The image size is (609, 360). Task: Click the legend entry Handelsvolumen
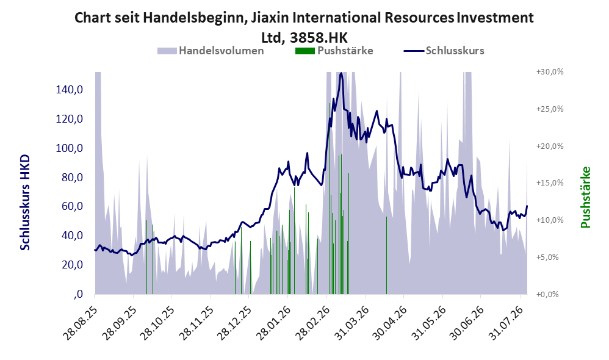coord(211,51)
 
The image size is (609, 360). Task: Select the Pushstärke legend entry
coord(334,51)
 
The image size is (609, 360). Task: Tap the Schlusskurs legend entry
coord(444,51)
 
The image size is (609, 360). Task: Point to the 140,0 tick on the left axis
coord(70,90)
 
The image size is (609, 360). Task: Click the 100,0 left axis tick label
coord(70,148)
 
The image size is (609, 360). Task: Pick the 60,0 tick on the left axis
coord(72,207)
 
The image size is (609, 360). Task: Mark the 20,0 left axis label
coord(72,265)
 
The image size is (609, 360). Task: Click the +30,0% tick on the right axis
coord(550,72)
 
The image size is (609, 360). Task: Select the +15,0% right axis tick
coord(550,183)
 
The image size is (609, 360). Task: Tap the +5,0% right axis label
coord(547,257)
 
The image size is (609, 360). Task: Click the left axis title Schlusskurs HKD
coord(25,203)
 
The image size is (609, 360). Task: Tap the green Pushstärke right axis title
coord(586,198)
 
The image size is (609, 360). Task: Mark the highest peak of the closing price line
coord(341,73)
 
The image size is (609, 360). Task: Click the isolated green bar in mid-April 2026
coord(386,255)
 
